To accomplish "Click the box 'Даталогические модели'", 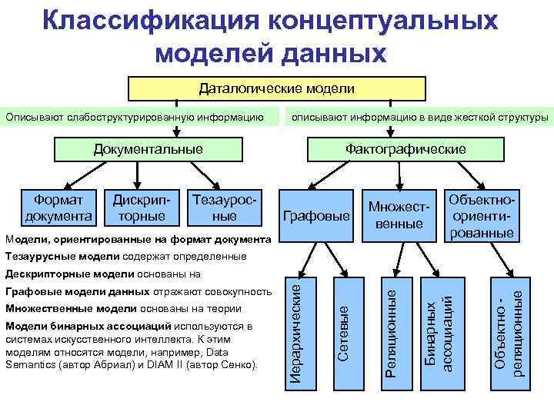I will (277, 88).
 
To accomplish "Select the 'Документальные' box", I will (149, 148).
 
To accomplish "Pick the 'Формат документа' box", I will (58, 207).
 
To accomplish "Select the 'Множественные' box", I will (398, 214).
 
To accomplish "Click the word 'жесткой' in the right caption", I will (465, 118).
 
